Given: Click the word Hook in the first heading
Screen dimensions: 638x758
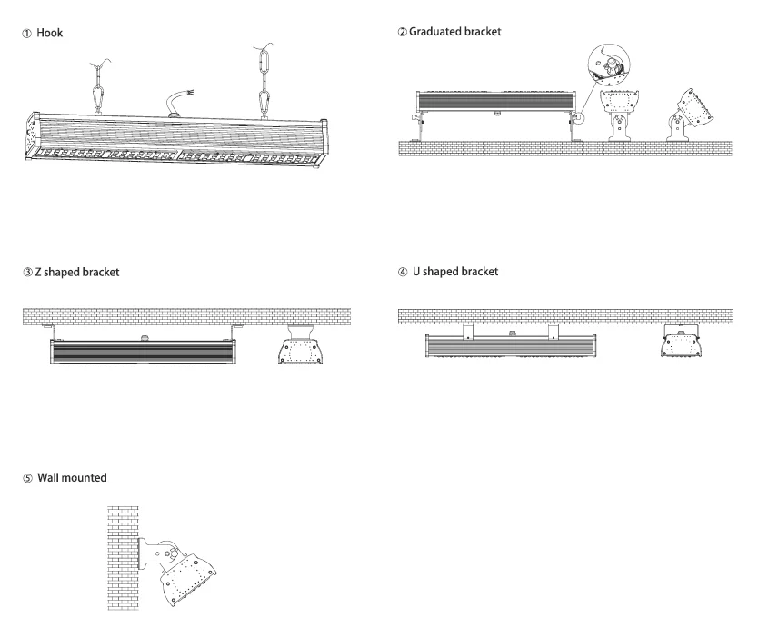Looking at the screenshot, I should [50, 32].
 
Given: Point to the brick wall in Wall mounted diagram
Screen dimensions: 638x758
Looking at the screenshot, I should [122, 545].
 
